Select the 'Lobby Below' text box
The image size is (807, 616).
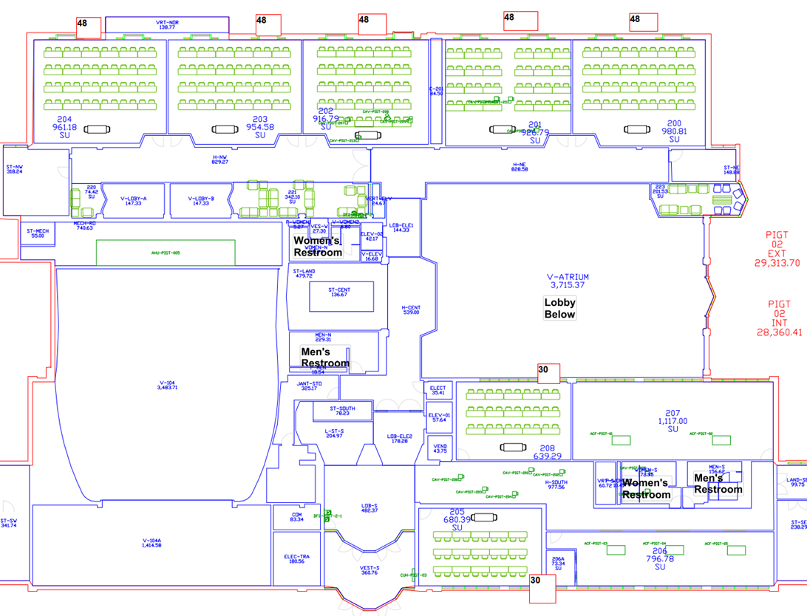559,308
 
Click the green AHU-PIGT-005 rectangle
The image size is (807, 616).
166,253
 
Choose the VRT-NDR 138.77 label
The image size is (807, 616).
167,25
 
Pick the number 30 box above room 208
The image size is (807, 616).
548,372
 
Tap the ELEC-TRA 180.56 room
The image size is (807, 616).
296,558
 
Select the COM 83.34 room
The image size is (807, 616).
296,517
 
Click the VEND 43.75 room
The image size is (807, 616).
440,448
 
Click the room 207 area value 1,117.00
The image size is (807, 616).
672,421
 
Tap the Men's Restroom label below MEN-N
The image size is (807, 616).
324,357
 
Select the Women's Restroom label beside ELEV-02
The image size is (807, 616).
318,247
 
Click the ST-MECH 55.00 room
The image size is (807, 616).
38,233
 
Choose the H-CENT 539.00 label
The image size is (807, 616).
411,310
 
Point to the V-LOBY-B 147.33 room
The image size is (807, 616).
200,201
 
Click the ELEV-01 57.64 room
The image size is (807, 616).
438,418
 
